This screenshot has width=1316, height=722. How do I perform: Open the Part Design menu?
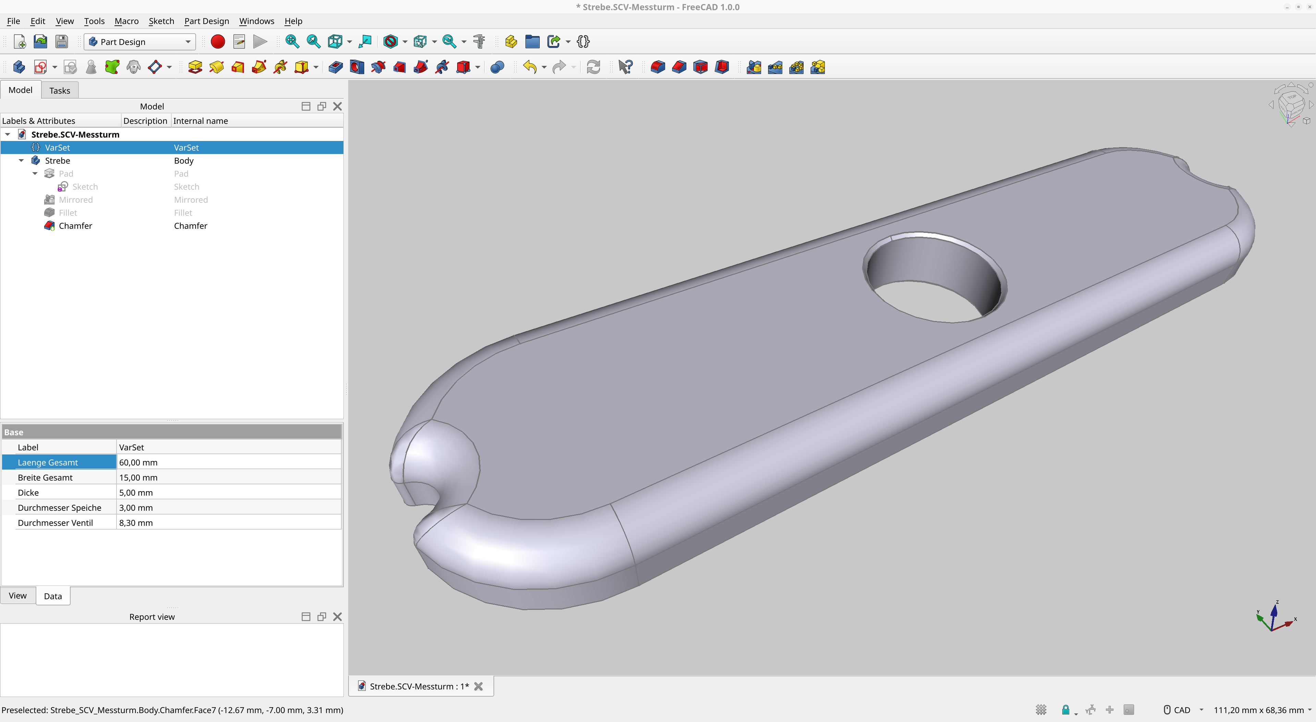click(x=206, y=21)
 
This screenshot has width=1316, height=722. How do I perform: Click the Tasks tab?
click(x=60, y=91)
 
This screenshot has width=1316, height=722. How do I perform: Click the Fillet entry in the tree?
click(x=68, y=213)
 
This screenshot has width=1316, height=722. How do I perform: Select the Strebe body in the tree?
click(x=57, y=161)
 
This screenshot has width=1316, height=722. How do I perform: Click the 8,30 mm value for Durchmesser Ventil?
click(x=136, y=523)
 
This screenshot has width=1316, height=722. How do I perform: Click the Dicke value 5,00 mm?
click(x=136, y=493)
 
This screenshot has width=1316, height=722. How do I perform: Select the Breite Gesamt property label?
click(x=45, y=477)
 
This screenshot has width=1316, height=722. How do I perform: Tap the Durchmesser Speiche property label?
click(x=59, y=507)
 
